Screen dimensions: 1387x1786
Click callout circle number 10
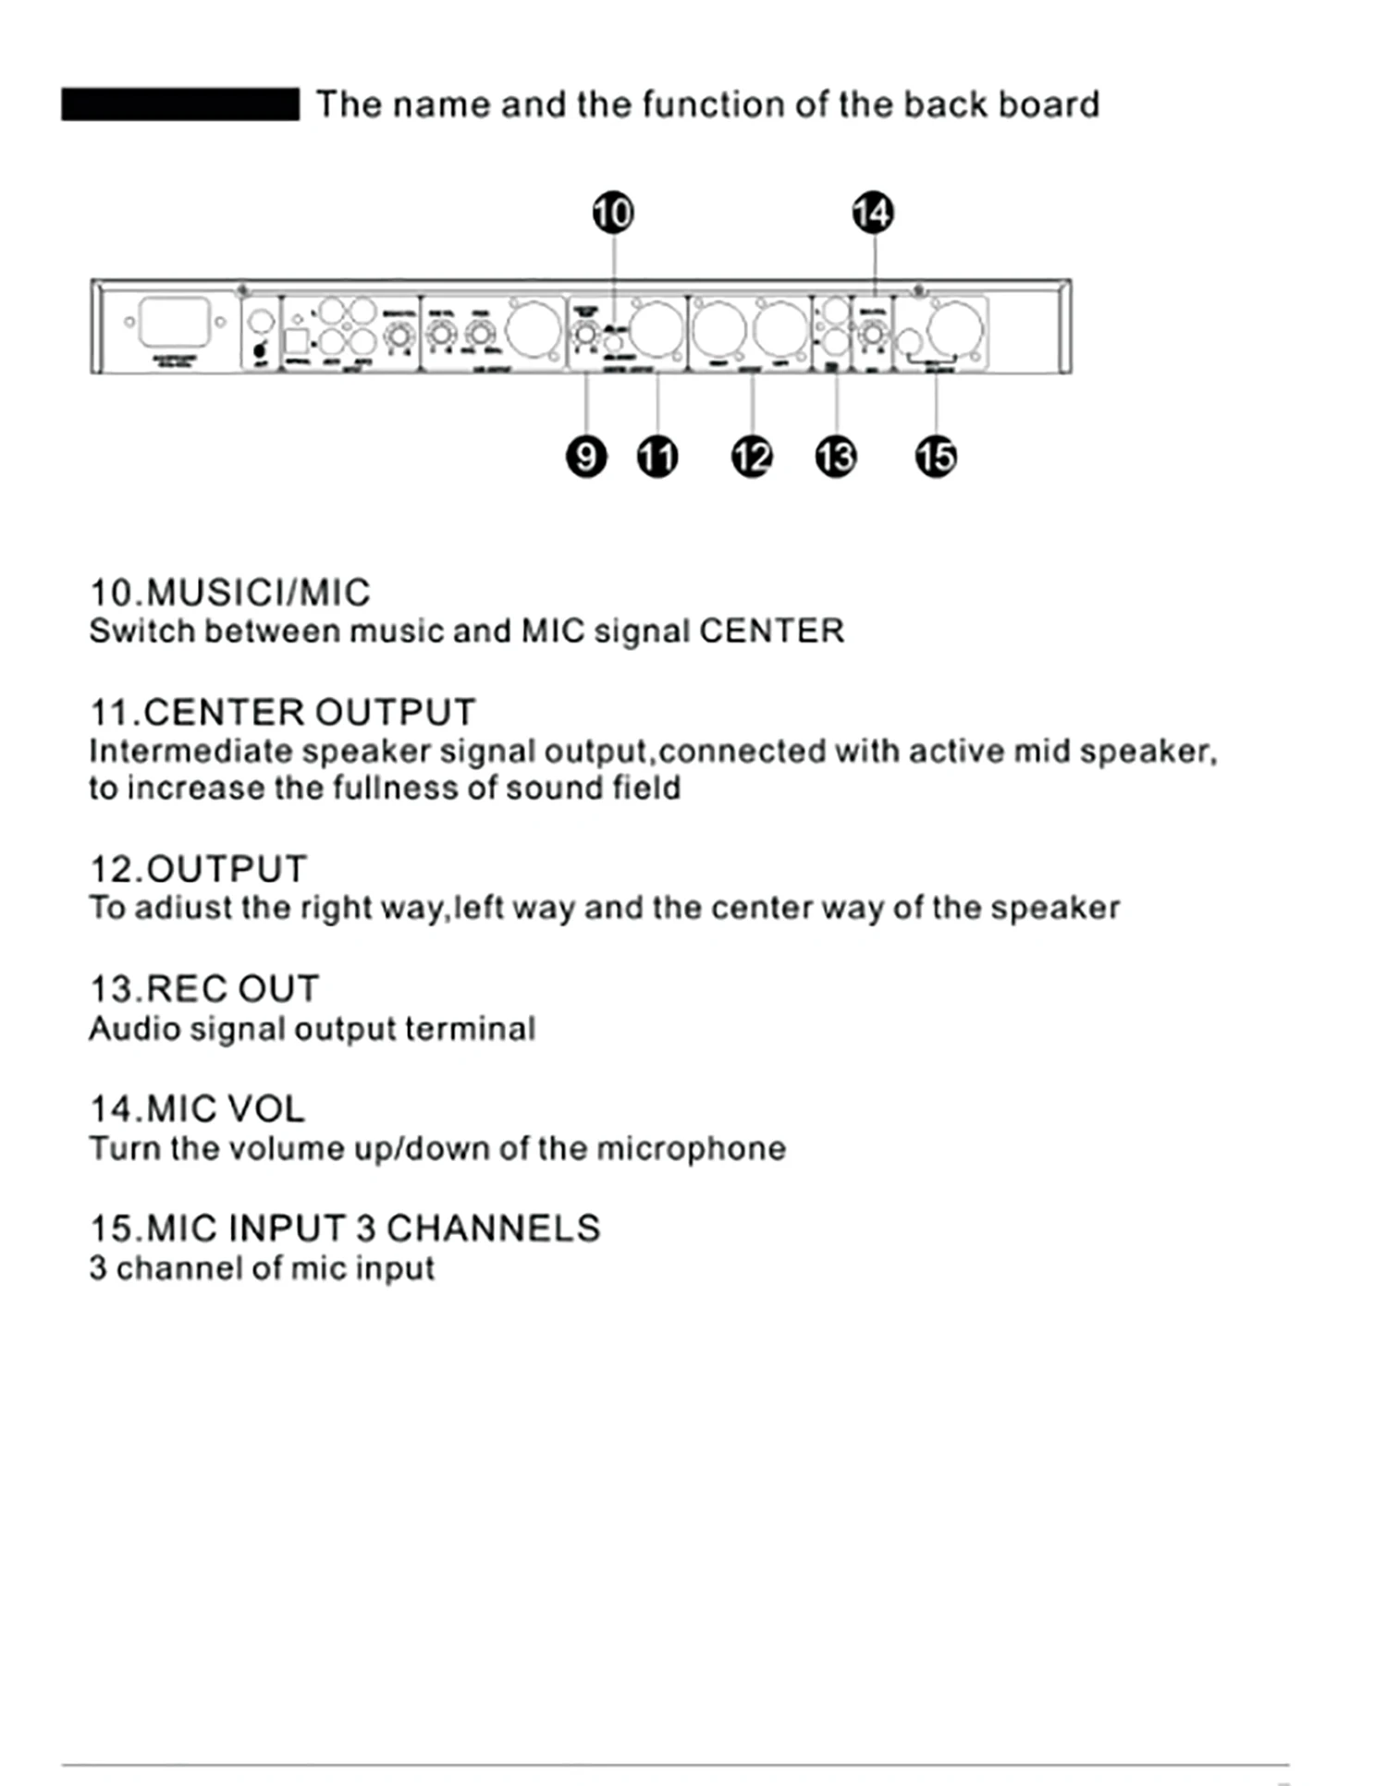tap(613, 214)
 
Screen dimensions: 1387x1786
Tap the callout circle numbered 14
tap(873, 214)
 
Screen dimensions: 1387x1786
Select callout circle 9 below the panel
tap(586, 457)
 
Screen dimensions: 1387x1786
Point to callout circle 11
tap(657, 457)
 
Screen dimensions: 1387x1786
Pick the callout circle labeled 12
tap(752, 457)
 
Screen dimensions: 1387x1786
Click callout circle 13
tap(836, 457)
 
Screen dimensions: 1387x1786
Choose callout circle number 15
tap(936, 457)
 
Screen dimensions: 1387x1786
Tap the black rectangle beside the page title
tap(180, 104)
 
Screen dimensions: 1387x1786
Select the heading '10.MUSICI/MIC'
tap(230, 593)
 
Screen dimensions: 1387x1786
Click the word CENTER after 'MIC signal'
tap(771, 631)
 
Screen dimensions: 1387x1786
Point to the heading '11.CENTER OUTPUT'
tap(282, 713)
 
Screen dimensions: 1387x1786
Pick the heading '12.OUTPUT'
tap(198, 870)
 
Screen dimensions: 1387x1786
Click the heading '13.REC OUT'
tap(204, 989)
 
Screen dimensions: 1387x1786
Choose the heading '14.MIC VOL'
tap(197, 1109)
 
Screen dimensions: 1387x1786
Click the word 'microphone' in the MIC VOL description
tap(691, 1149)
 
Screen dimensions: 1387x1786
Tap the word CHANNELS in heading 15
tap(493, 1229)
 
